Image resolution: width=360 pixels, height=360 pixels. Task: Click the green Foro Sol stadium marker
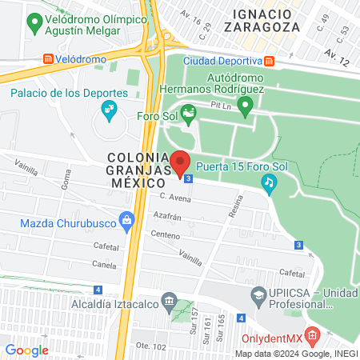[x=188, y=113]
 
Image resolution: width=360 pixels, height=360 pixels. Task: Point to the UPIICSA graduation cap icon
[x=259, y=297]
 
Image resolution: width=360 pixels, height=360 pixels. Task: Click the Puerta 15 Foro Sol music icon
[x=270, y=184]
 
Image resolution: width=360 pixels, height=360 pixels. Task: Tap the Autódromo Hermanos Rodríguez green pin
[x=246, y=103]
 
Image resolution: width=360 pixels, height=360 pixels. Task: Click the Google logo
[x=26, y=350]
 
